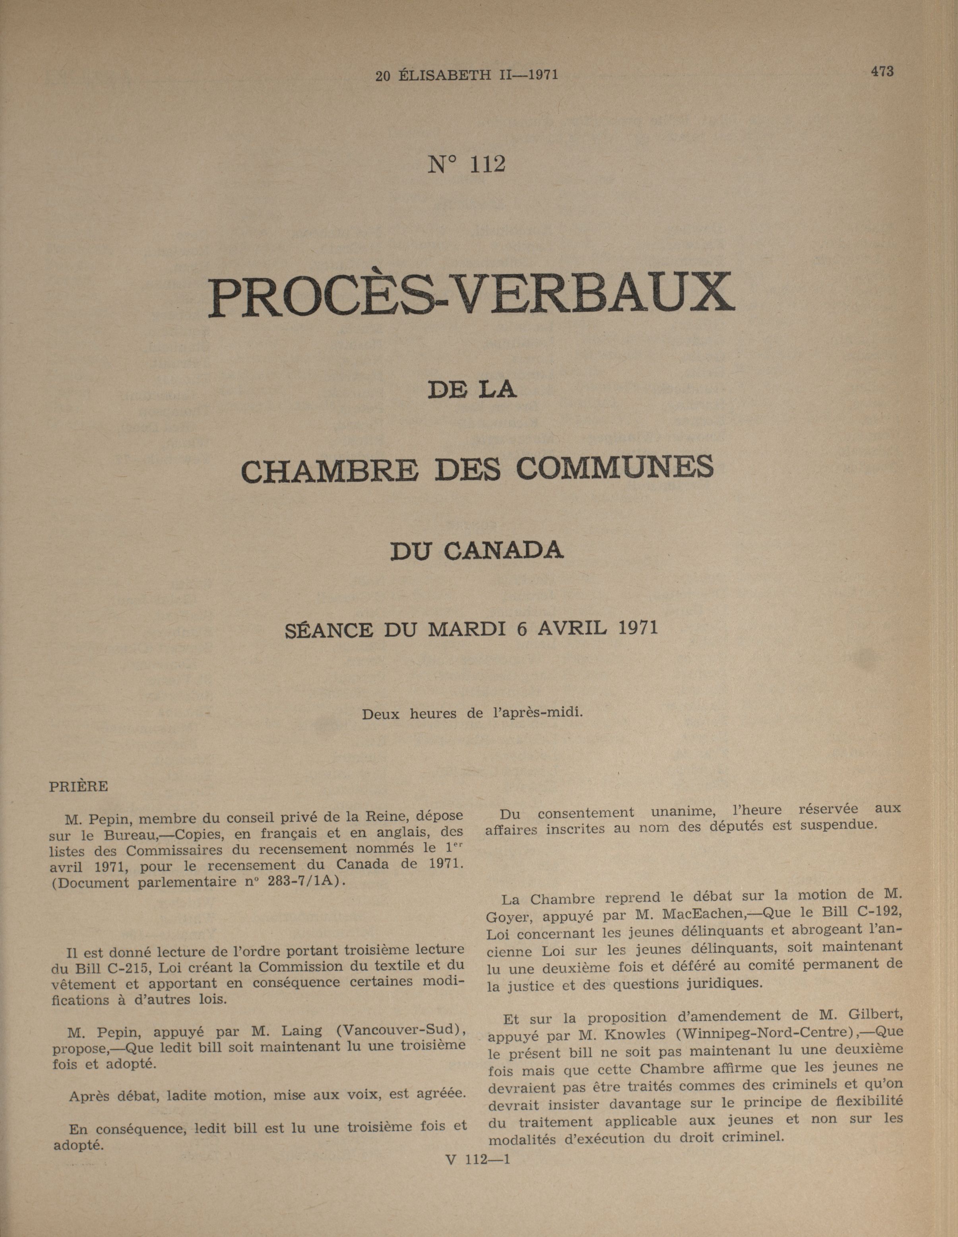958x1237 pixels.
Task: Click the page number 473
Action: click(x=882, y=72)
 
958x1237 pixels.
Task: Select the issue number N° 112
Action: click(x=466, y=164)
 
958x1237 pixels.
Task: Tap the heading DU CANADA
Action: click(x=477, y=551)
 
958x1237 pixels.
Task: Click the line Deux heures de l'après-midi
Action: click(x=473, y=714)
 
